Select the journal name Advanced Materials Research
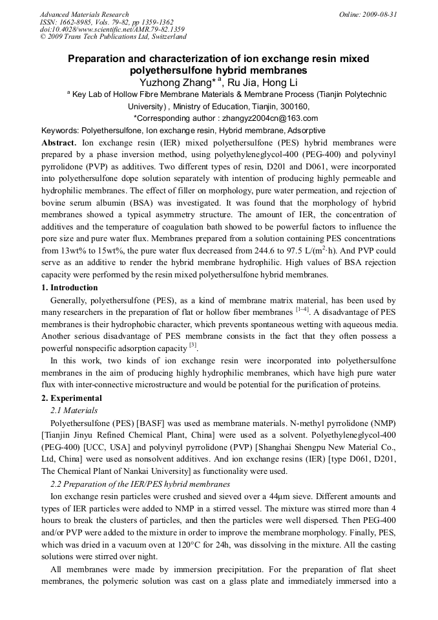[85, 14]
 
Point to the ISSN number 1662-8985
[78, 22]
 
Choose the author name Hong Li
[278, 82]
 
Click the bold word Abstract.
[59, 142]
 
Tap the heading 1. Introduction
[69, 288]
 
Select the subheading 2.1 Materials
[74, 410]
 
